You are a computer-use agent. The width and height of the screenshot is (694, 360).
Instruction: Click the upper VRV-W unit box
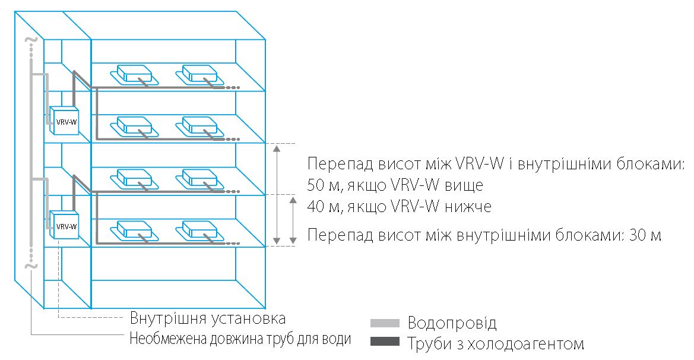64,121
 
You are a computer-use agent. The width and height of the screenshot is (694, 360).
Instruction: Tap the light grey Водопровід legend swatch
385,323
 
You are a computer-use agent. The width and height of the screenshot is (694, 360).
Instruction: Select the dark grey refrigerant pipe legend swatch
385,342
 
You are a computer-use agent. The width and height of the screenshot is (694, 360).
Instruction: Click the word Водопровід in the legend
452,323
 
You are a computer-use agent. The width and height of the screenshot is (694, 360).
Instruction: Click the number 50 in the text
316,185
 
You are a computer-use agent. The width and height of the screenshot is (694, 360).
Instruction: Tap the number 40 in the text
316,207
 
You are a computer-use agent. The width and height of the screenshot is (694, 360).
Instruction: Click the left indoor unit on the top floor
134,74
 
